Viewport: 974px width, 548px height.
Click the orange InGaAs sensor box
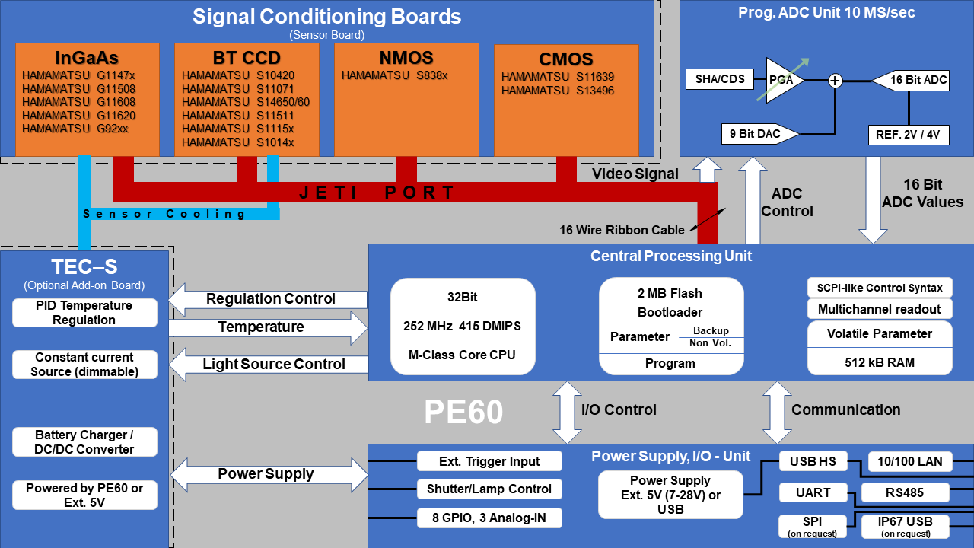88,99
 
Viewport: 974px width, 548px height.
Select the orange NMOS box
406,99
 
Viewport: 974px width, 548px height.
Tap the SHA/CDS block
721,79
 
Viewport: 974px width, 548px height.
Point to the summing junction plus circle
836,81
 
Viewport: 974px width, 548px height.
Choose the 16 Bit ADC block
912,80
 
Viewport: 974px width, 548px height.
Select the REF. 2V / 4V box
908,135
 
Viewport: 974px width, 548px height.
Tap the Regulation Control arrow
269,299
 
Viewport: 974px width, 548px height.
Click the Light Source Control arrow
269,365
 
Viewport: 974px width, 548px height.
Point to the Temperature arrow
269,327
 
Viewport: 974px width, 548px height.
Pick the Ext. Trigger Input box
489,461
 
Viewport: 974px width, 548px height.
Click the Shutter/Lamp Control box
489,489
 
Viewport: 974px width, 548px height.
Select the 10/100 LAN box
909,461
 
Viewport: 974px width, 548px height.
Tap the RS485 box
905,492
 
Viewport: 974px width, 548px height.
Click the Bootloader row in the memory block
670,312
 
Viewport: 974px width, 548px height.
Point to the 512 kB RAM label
880,362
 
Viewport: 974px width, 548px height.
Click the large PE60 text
463,412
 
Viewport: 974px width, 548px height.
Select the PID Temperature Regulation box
84,313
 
